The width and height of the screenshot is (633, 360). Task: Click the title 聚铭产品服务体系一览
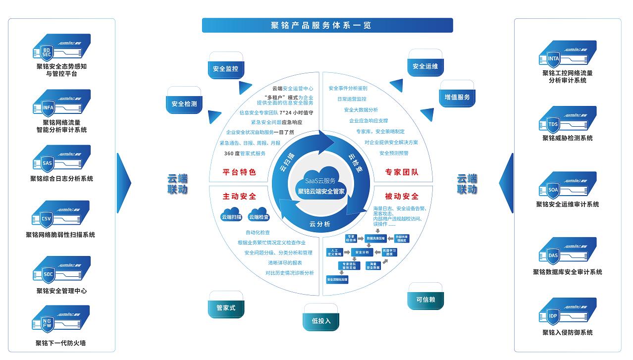327,25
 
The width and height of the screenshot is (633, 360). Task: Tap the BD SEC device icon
61,48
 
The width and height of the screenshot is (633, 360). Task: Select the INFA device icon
61,103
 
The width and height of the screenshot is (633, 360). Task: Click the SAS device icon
61,159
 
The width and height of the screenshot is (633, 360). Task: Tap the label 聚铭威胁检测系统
567,138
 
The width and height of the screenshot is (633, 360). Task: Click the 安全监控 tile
225,69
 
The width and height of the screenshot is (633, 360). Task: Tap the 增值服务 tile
456,97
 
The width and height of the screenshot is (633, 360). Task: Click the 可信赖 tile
426,299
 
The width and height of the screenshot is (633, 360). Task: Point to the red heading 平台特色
239,172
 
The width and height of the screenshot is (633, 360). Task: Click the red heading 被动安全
402,196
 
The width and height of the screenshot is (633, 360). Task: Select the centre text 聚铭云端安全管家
320,191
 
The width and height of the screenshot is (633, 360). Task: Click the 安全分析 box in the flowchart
362,253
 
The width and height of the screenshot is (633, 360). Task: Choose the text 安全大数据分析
361,109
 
